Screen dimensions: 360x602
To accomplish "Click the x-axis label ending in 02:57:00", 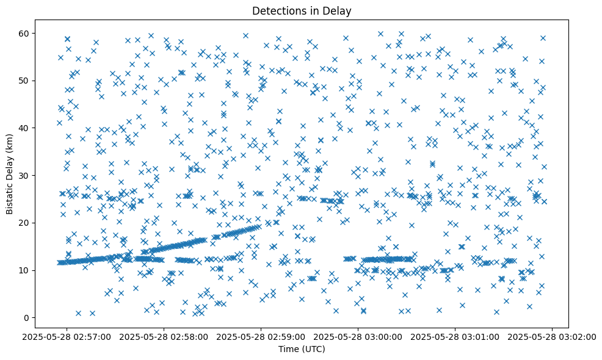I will (67, 336).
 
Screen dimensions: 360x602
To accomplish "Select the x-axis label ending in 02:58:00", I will (164, 336).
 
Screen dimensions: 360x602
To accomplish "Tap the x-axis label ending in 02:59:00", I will (261, 336).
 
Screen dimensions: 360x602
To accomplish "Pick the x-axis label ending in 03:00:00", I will (358, 336).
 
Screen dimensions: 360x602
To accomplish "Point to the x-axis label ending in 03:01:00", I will (455, 336).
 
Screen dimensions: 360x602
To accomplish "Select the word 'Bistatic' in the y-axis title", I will (10, 197).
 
